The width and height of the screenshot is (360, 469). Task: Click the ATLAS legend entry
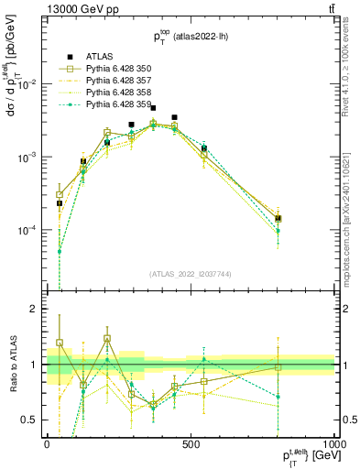[100, 57]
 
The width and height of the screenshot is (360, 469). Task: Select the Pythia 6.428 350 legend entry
[112, 70]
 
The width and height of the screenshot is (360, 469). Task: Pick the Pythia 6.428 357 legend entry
[112, 82]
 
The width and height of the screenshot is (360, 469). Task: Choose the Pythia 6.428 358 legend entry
[112, 93]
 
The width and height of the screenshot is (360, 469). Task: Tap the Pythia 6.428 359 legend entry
[112, 105]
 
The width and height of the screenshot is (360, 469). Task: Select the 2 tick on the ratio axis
[35, 310]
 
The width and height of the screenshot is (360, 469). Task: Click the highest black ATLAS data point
[153, 108]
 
